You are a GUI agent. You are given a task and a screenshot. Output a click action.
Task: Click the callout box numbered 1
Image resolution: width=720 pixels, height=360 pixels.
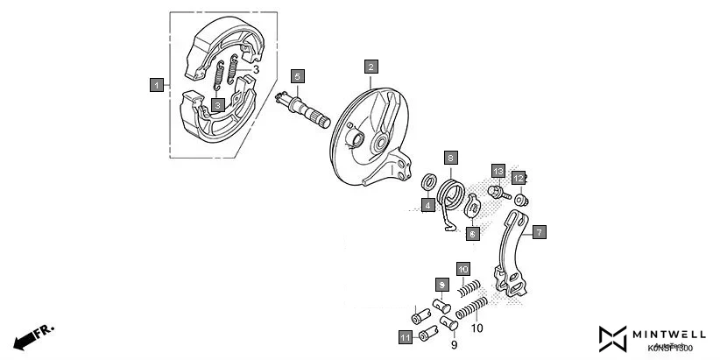coord(156,85)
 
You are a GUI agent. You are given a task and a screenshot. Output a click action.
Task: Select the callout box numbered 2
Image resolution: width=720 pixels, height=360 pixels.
coord(371,67)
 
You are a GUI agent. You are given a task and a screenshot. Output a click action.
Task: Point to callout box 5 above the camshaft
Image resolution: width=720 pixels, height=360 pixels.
coord(298,76)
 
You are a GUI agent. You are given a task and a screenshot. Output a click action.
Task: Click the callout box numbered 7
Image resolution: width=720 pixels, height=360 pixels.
coord(540,232)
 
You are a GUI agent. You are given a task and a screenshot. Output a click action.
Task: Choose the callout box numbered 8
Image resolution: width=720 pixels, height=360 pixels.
coord(450,158)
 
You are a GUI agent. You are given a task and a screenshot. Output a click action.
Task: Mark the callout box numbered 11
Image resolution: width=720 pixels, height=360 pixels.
coord(405,337)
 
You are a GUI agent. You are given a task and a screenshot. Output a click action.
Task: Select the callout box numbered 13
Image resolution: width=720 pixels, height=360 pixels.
coord(498,171)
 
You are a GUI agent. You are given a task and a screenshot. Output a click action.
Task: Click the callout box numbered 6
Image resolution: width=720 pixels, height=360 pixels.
coord(472,234)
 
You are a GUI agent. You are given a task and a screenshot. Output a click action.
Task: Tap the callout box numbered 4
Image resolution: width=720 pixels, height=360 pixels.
coord(427,206)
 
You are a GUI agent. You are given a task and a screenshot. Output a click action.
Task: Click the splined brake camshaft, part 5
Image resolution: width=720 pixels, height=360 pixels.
coord(302,108)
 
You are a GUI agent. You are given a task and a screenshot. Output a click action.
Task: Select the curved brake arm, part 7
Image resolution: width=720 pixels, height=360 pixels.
coord(510,258)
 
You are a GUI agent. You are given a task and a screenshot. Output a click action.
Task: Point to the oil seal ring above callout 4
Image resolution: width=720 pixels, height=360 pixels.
coord(429,182)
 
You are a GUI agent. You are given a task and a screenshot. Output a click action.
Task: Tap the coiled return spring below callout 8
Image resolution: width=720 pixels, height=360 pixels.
coord(452,194)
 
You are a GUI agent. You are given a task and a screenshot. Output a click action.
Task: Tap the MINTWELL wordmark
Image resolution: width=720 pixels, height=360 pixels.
coord(671,334)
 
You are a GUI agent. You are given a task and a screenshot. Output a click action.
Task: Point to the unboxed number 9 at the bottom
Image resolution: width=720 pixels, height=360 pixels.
coord(454,346)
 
